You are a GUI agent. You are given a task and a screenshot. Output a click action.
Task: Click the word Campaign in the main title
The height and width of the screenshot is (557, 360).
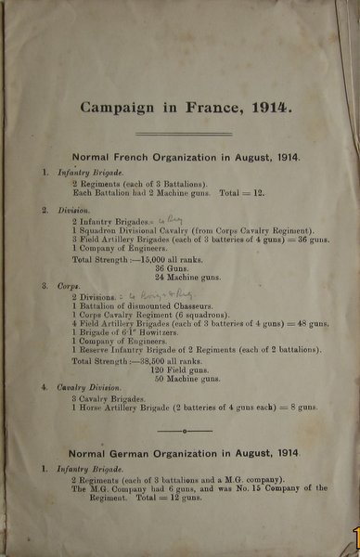(116, 108)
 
